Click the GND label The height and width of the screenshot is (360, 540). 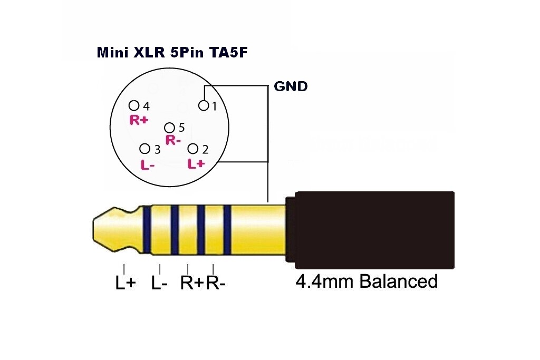click(291, 86)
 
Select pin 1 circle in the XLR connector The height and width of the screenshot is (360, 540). click(204, 106)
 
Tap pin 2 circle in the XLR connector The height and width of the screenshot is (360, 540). click(194, 149)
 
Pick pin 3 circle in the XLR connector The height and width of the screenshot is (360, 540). click(144, 149)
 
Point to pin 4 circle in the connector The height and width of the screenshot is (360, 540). click(134, 105)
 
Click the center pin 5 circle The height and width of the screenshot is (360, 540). click(169, 128)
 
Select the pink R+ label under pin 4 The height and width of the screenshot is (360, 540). click(139, 120)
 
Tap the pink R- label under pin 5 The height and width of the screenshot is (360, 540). click(173, 140)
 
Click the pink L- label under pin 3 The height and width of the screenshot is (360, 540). click(148, 164)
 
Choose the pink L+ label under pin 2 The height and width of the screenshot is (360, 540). click(196, 164)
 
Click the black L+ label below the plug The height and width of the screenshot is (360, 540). click(126, 283)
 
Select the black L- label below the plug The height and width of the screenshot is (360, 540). click(159, 283)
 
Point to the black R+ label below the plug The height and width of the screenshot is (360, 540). click(192, 283)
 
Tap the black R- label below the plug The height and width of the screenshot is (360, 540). click(216, 283)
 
